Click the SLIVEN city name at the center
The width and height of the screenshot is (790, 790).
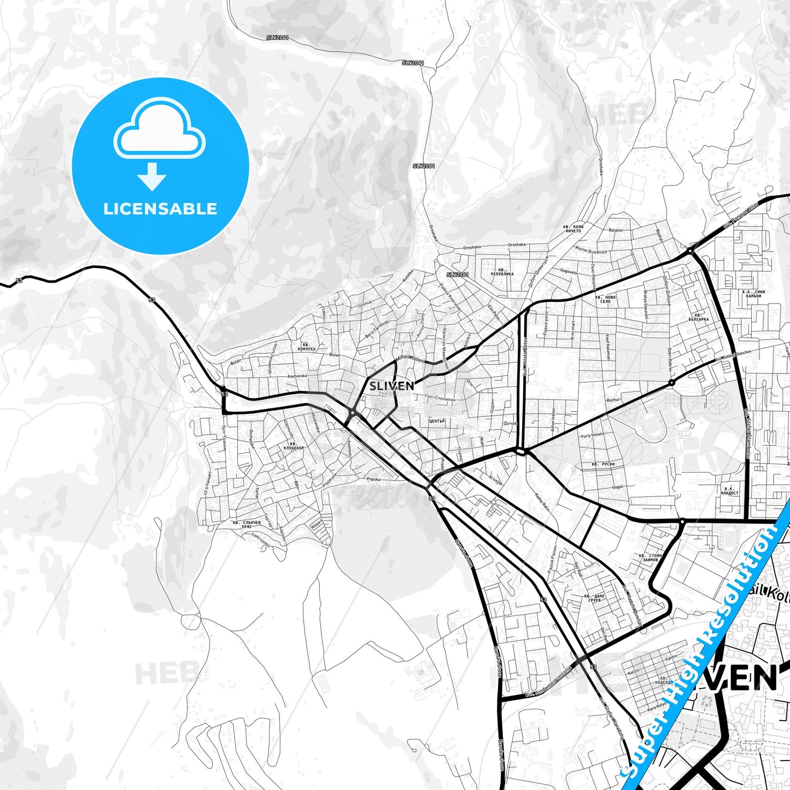pyautogui.click(x=391, y=386)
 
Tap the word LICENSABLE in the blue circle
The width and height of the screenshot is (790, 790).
pyautogui.click(x=160, y=209)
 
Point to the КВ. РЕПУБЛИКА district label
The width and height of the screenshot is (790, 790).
pyautogui.click(x=502, y=272)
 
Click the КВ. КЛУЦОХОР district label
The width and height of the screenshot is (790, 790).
pyautogui.click(x=294, y=446)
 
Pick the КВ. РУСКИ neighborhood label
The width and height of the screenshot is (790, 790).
pyautogui.click(x=603, y=464)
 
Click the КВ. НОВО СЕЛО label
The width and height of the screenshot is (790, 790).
pyautogui.click(x=605, y=299)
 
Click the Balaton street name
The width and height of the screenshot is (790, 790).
pyautogui.click(x=616, y=230)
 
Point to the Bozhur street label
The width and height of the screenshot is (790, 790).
pyautogui.click(x=613, y=400)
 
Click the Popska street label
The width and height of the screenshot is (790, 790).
pyautogui.click(x=374, y=479)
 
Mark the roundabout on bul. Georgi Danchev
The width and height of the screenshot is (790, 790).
pyautogui.click(x=671, y=383)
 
